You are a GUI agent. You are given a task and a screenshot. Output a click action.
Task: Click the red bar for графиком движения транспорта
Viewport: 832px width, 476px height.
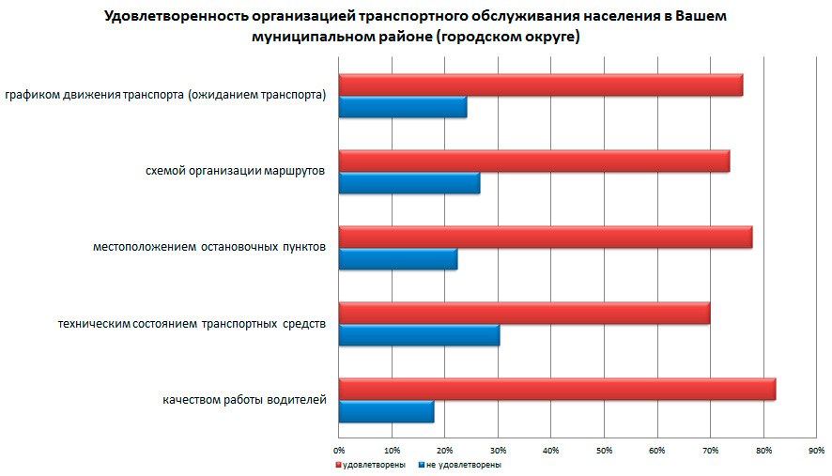(x=540, y=84)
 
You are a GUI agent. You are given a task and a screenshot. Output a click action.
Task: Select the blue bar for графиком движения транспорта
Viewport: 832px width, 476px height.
(x=402, y=107)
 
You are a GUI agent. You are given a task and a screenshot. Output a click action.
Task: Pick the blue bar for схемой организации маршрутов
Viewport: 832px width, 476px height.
(x=408, y=183)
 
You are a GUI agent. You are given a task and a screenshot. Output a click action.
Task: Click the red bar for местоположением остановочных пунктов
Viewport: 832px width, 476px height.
(x=545, y=237)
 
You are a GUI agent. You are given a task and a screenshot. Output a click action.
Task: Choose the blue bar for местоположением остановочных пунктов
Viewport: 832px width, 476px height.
(x=397, y=259)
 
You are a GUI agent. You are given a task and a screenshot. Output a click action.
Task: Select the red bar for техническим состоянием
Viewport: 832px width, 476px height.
(x=524, y=313)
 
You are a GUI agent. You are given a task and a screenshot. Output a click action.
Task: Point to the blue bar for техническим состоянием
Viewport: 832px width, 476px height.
(x=419, y=335)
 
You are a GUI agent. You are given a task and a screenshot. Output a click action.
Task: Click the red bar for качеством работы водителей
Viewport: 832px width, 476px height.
(x=557, y=389)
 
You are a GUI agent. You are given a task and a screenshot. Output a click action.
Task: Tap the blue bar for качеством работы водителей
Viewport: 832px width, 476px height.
(x=386, y=411)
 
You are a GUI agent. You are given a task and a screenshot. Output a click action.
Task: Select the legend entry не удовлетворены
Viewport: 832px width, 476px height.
(x=462, y=465)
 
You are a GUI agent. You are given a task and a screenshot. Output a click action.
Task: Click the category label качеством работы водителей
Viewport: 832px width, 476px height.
(x=244, y=401)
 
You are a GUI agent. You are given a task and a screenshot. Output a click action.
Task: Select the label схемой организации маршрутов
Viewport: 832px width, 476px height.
(x=236, y=171)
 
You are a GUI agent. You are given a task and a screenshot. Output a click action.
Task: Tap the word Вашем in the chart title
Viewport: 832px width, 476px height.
(x=701, y=17)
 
